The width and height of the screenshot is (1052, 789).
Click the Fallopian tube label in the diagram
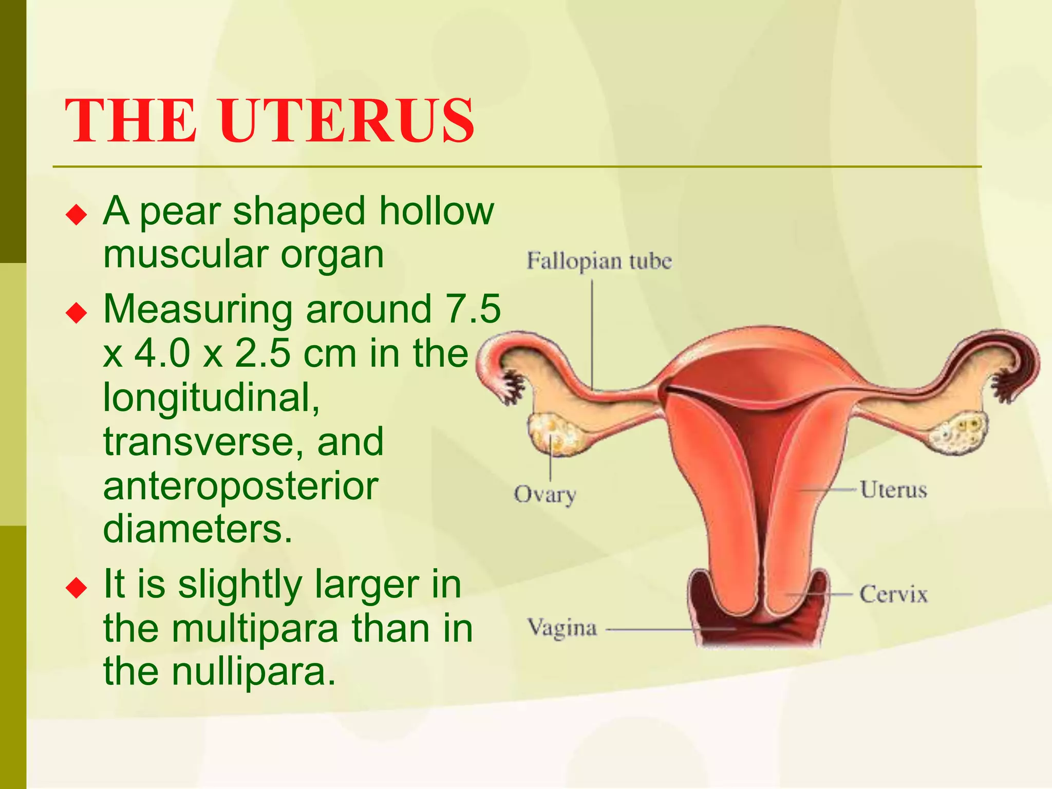pyautogui.click(x=599, y=261)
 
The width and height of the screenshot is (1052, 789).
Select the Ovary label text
pyautogui.click(x=544, y=495)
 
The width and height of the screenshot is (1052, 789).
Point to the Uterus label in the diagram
pyautogui.click(x=893, y=490)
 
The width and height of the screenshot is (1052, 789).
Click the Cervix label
pyautogui.click(x=893, y=594)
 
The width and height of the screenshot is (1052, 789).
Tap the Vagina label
pyautogui.click(x=562, y=628)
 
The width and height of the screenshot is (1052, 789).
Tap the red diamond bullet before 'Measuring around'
pyautogui.click(x=77, y=312)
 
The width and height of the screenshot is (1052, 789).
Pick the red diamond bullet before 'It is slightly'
pyautogui.click(x=77, y=587)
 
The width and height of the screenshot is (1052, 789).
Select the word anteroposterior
pyautogui.click(x=240, y=486)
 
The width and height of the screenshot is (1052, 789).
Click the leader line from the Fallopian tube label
pyautogui.click(x=592, y=334)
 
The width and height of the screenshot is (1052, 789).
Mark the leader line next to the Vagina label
pyautogui.click(x=668, y=629)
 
